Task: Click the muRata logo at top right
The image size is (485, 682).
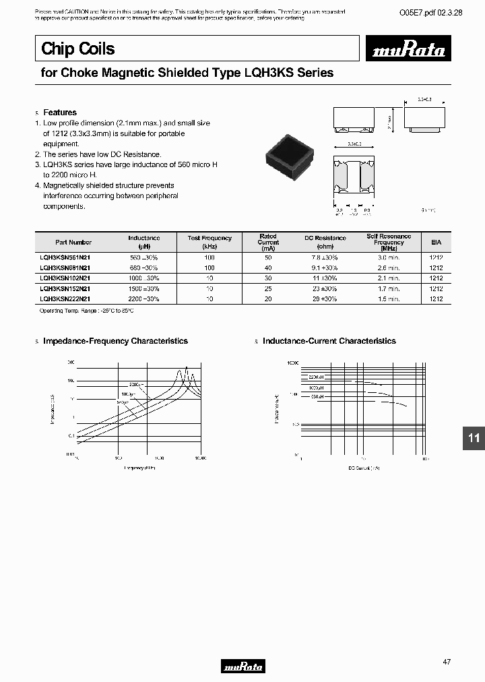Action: click(x=410, y=51)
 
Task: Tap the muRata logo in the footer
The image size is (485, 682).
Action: click(x=243, y=666)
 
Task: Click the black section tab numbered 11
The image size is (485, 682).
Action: click(x=474, y=438)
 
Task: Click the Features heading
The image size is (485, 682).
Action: click(x=60, y=113)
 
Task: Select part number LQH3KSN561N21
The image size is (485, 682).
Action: click(x=65, y=257)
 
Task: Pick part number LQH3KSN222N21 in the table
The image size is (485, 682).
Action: click(x=65, y=298)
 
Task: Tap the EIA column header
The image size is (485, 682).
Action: click(x=436, y=242)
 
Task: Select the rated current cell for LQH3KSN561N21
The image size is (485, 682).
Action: click(x=268, y=257)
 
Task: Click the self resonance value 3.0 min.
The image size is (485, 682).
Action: click(x=389, y=257)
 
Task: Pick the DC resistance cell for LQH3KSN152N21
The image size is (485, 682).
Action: click(x=324, y=288)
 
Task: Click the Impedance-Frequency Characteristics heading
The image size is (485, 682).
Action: click(x=115, y=341)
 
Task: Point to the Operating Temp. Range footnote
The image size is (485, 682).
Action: click(x=86, y=311)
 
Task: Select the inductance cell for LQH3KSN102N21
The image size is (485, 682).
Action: click(x=144, y=278)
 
